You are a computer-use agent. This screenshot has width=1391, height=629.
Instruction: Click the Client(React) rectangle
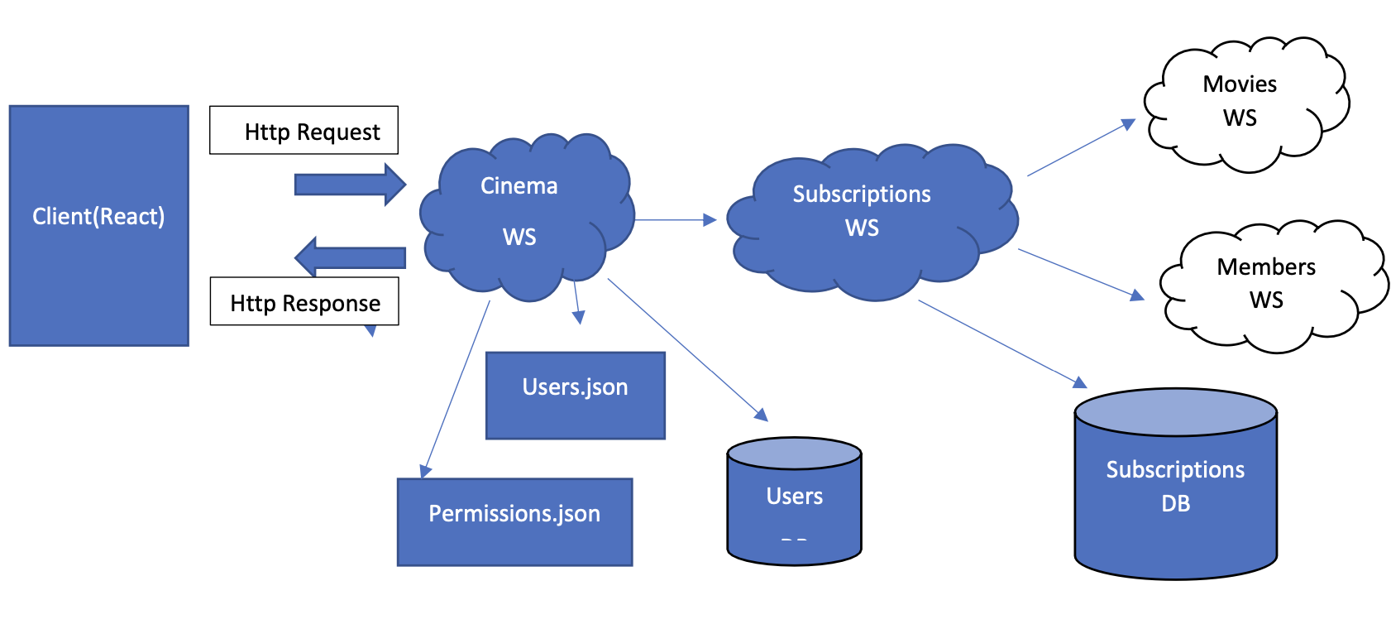tap(98, 225)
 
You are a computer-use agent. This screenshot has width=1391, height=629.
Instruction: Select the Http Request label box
tap(304, 131)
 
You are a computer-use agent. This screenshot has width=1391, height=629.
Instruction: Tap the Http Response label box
tap(304, 302)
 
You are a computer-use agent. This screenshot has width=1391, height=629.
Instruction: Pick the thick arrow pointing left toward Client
tap(351, 257)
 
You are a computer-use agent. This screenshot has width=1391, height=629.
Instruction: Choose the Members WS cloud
tap(1269, 286)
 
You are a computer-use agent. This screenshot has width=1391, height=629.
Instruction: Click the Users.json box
tap(575, 396)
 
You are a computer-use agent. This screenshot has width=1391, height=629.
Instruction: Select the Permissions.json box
tap(514, 522)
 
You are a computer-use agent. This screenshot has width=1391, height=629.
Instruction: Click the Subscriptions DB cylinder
tap(1175, 488)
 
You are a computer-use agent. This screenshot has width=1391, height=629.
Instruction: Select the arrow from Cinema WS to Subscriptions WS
tap(675, 220)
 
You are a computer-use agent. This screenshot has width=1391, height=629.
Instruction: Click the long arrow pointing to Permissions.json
tap(456, 389)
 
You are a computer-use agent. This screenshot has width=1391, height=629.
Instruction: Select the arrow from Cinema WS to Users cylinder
tap(687, 349)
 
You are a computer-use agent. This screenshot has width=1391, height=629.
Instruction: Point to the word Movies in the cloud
tap(1239, 84)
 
